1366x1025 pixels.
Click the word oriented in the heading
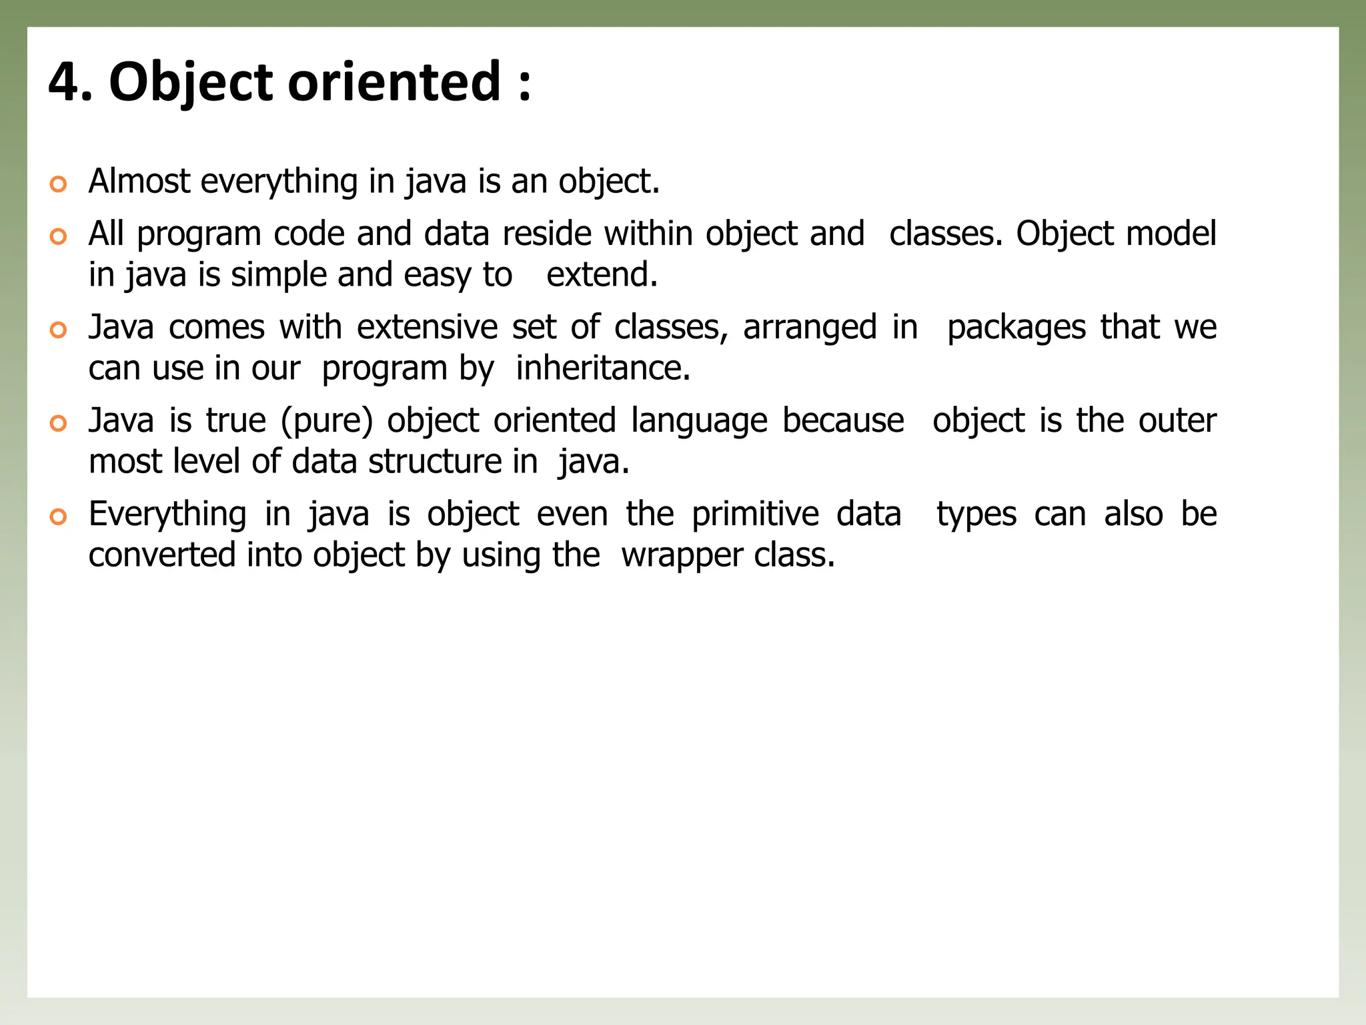(394, 82)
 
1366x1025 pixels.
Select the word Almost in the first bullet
(139, 181)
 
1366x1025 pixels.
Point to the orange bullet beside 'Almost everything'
(59, 184)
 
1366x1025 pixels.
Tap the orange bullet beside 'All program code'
(59, 236)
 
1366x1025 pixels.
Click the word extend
(601, 275)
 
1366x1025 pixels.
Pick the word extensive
(427, 327)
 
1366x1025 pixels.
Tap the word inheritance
(602, 368)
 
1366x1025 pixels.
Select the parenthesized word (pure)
(326, 421)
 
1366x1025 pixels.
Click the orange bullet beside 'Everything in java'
(59, 517)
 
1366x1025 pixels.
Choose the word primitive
(755, 515)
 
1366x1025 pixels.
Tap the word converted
(162, 555)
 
